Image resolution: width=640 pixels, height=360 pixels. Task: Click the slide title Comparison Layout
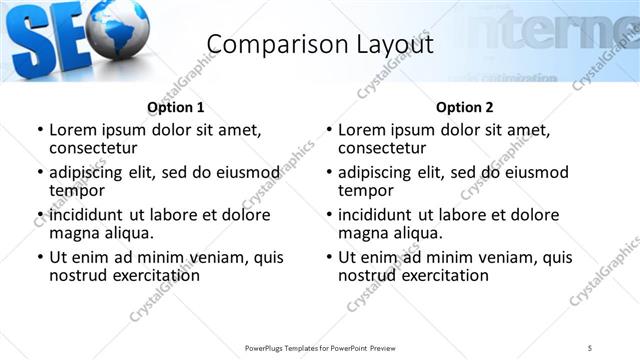(x=320, y=44)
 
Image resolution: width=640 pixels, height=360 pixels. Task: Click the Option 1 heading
(x=176, y=107)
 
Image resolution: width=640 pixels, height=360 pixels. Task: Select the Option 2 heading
(x=465, y=107)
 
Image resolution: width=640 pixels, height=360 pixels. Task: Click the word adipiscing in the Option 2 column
(x=375, y=172)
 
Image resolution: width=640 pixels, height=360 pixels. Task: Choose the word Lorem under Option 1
(x=72, y=130)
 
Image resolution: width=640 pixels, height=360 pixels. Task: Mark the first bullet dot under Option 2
(x=329, y=131)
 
